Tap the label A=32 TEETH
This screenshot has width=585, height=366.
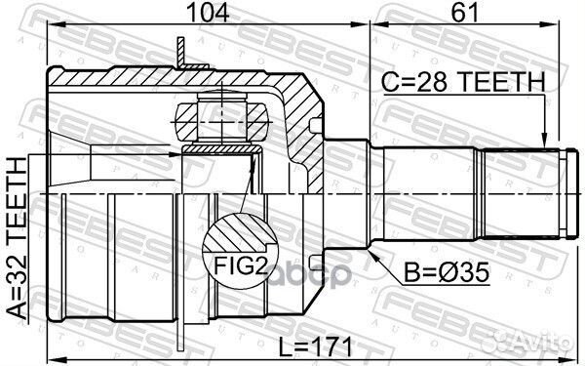coord(18,239)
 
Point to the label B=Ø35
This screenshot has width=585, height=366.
coord(447,273)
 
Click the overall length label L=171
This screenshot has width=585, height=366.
coord(316,347)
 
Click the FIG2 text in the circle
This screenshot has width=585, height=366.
coord(241,266)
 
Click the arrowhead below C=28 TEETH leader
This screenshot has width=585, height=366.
coord(545,142)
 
